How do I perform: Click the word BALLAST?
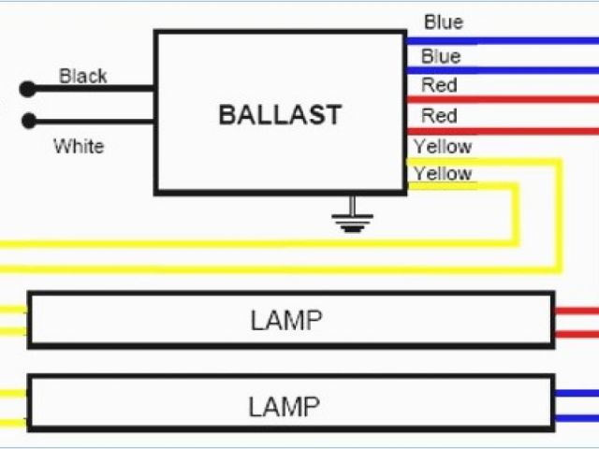coord(280,115)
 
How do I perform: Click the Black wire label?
coord(83,76)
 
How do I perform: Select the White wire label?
coord(79,146)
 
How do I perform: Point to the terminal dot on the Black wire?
coord(28,89)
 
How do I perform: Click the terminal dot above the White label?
coord(28,121)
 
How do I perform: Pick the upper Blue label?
coord(443,22)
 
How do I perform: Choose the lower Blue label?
coord(441,56)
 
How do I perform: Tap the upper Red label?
coord(439,85)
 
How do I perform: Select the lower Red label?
coord(439,116)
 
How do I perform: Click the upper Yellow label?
coord(442,146)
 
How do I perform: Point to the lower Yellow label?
coord(442,173)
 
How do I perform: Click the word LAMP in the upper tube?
coord(285,321)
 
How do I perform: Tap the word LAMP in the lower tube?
coord(284,406)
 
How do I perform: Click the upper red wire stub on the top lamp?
coord(576,310)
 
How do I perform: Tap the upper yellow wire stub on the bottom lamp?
coord(13,393)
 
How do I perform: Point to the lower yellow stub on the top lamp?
coord(13,331)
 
